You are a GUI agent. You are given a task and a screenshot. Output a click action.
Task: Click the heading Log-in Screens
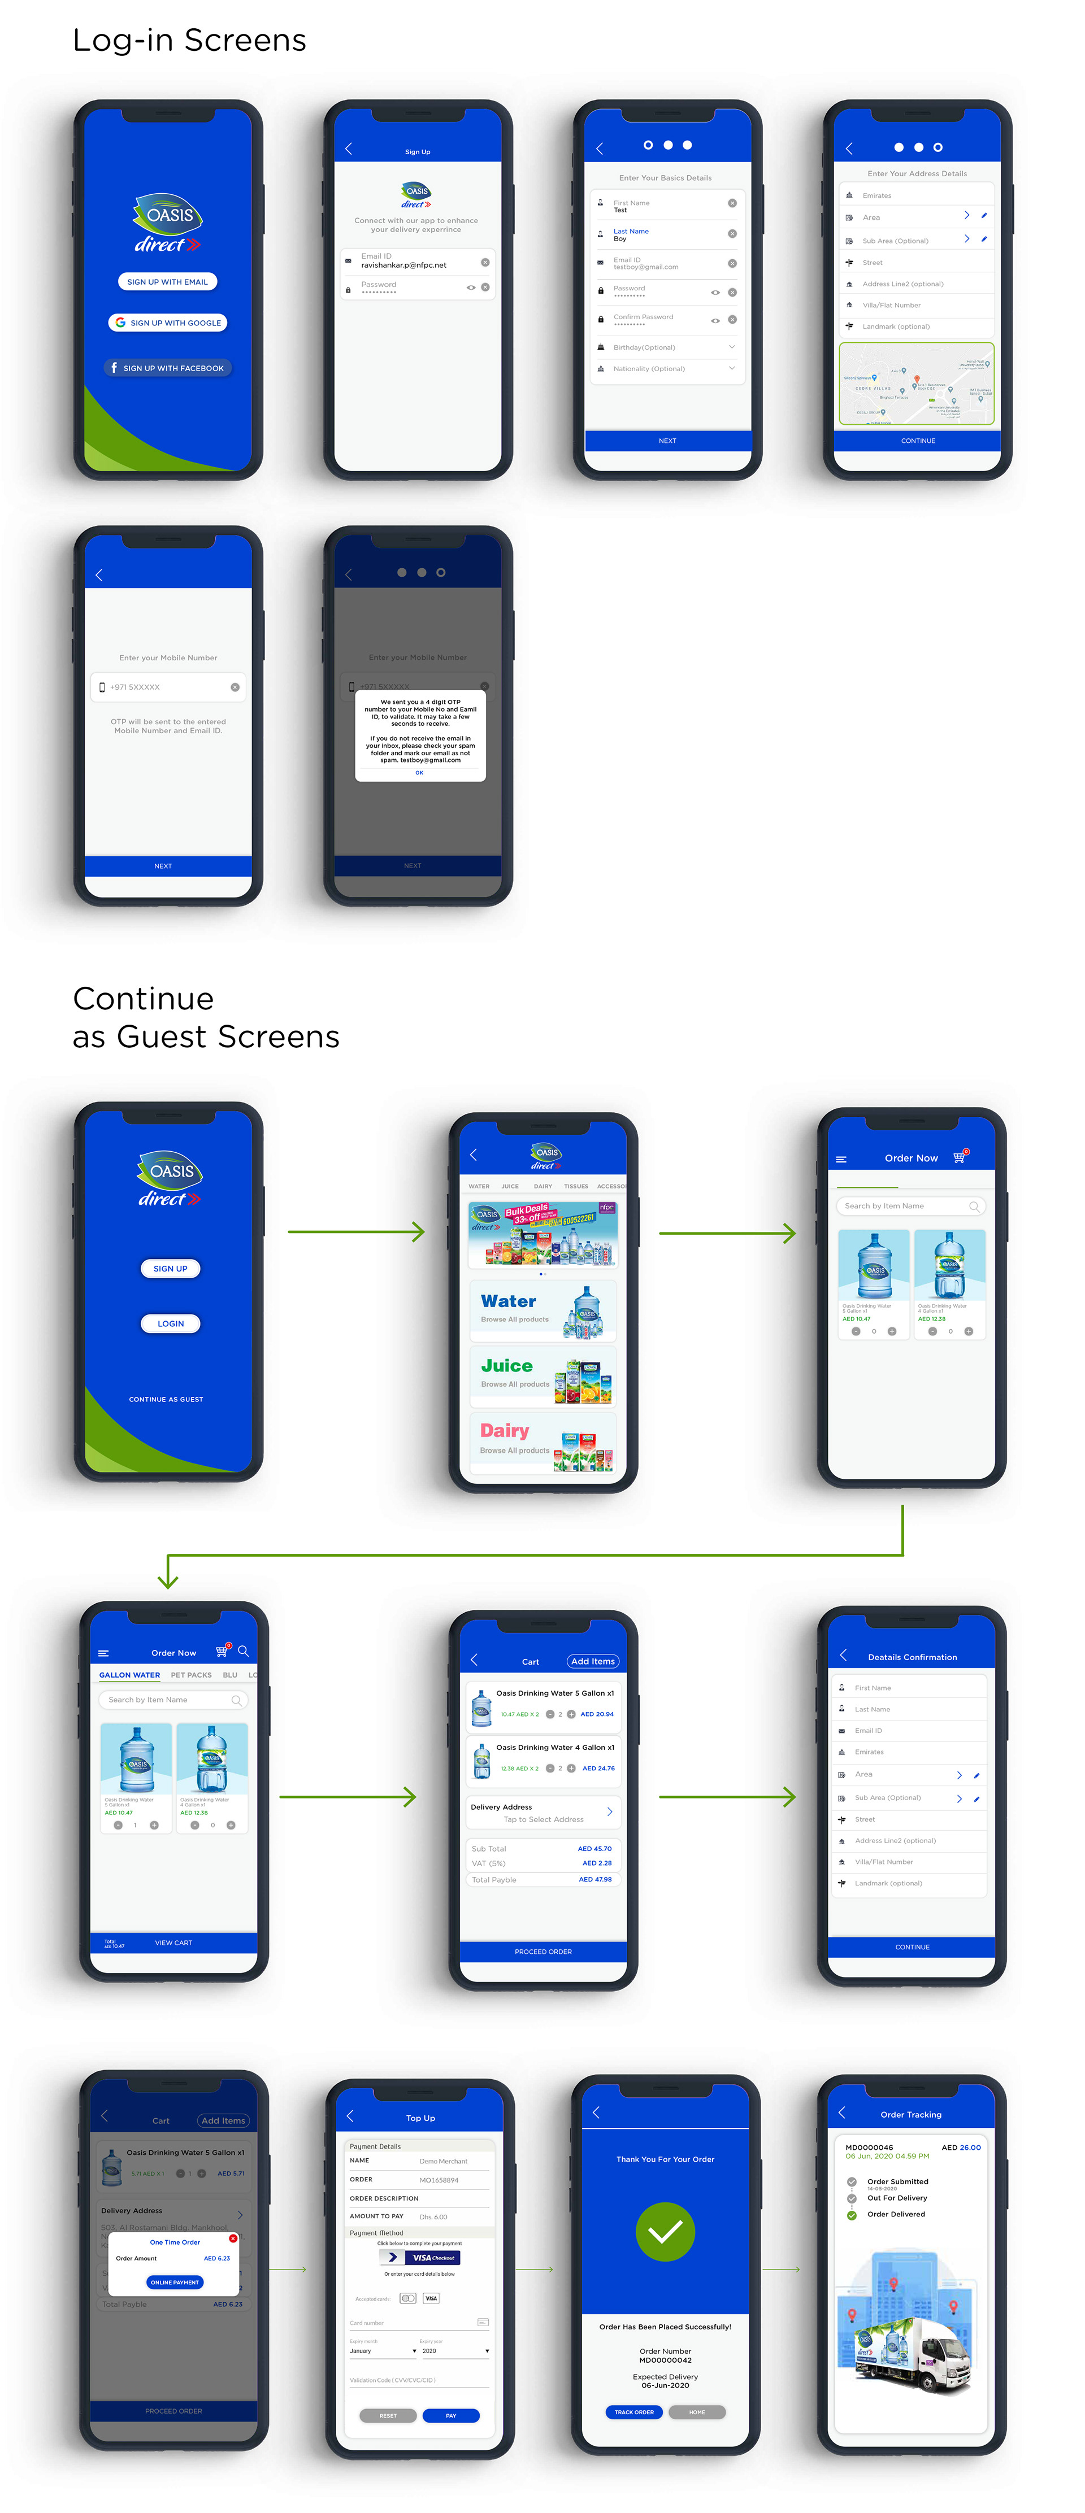(189, 40)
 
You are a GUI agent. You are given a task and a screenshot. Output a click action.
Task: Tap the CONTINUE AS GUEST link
(166, 1399)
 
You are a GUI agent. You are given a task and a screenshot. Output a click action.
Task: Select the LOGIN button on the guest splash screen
(171, 1324)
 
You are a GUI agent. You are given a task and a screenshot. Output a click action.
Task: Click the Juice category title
(506, 1366)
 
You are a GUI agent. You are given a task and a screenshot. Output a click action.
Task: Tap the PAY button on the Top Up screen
(451, 2415)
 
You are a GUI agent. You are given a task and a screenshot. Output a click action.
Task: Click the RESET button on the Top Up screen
(387, 2415)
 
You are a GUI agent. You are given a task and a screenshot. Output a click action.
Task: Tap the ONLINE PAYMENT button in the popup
(175, 2282)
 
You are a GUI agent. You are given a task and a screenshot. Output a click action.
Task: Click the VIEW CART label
(173, 1943)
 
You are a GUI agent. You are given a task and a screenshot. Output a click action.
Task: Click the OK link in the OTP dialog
(419, 773)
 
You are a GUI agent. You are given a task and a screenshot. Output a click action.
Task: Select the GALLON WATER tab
(129, 1675)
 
